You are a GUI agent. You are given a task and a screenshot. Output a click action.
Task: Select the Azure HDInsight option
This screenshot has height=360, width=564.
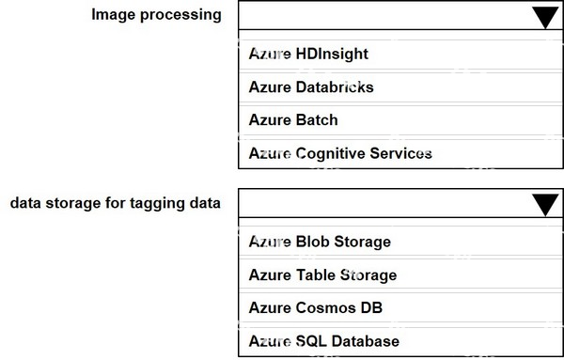308,54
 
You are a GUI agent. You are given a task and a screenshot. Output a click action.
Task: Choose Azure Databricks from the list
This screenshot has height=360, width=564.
311,87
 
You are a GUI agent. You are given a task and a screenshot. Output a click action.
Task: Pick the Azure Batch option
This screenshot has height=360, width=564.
293,120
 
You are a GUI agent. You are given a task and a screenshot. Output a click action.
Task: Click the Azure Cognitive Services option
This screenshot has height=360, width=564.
340,153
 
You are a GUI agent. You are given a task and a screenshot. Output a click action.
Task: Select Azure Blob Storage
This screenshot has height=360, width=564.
320,242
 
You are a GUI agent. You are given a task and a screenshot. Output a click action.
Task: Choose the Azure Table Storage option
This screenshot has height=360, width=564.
322,275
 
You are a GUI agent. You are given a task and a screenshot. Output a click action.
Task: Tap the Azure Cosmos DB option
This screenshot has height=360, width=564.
316,308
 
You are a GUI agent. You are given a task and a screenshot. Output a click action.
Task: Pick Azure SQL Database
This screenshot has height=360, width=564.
323,341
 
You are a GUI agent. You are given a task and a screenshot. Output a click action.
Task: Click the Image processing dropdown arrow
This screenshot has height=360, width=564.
545,17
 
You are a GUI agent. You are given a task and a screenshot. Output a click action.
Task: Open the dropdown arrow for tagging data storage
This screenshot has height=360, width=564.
545,204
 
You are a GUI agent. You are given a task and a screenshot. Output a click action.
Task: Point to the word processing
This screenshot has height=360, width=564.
180,15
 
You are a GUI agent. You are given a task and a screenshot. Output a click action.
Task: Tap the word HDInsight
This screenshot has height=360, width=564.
332,54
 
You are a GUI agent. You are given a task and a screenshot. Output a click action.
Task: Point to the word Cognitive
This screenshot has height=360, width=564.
331,153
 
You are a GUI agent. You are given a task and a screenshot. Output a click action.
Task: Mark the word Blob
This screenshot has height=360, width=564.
312,242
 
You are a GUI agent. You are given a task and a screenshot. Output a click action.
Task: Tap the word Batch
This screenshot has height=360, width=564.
317,120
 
